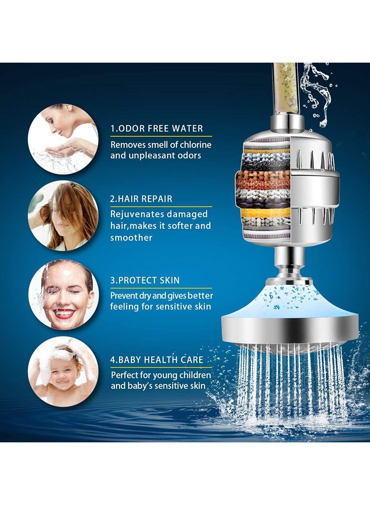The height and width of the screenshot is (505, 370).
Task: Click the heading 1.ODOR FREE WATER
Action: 157,128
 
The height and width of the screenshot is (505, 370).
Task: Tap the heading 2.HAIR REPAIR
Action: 141,199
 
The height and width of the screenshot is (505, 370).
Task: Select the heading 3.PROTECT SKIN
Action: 145,280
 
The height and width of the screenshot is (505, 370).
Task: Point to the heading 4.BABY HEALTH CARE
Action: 157,360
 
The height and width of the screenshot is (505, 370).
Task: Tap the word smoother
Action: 131,237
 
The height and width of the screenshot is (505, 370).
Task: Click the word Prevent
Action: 125,295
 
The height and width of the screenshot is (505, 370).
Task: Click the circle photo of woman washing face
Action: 63,139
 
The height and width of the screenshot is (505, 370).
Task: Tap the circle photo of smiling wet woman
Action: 64,294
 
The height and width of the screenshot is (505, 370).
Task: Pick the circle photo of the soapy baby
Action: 63,371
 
